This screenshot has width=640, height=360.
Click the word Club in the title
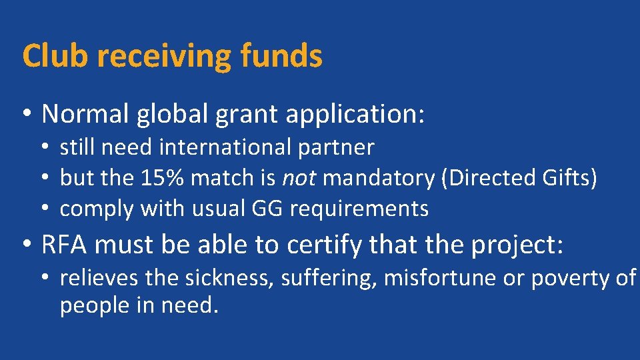pyautogui.click(x=55, y=56)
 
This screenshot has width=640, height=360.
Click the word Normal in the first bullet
pyautogui.click(x=85, y=114)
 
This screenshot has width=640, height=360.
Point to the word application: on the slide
pyautogui.click(x=355, y=115)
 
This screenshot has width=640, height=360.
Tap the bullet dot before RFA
pyautogui.click(x=27, y=245)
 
